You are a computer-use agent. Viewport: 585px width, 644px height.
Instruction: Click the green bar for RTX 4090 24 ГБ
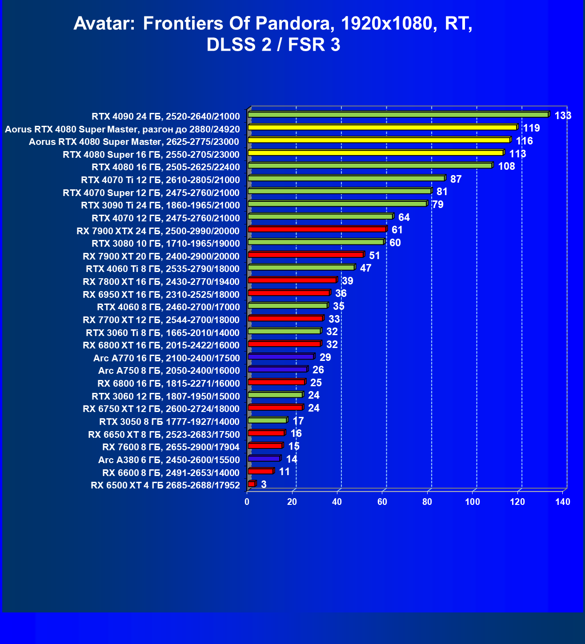[x=398, y=115]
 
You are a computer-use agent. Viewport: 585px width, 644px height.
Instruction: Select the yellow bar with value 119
[x=382, y=128]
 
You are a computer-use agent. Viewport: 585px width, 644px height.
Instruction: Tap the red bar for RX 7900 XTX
[x=317, y=229]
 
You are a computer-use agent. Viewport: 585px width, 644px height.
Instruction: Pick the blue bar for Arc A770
[x=281, y=356]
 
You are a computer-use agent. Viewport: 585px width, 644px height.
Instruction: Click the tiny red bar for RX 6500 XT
[x=252, y=484]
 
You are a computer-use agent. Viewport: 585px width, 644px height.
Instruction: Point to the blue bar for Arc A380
[x=264, y=458]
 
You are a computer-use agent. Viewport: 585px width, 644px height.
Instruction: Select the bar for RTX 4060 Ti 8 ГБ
[x=301, y=268]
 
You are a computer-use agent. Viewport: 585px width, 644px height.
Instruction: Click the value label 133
[x=563, y=116]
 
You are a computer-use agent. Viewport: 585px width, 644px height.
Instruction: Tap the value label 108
[x=506, y=167]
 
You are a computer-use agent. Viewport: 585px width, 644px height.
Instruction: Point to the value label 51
[x=375, y=256]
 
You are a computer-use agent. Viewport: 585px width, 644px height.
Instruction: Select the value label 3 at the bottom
[x=264, y=484]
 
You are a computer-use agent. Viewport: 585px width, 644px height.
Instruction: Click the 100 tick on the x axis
[x=472, y=502]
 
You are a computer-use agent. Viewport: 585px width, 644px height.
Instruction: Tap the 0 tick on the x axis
[x=247, y=502]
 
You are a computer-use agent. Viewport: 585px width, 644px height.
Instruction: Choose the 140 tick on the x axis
[x=563, y=502]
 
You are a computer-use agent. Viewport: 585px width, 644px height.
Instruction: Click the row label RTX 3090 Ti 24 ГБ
[x=160, y=205]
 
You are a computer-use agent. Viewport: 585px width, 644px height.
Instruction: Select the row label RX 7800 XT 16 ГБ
[x=161, y=282]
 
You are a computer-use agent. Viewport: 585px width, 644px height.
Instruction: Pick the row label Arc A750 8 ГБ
[x=169, y=371]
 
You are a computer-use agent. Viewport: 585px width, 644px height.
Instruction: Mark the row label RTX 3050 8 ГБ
[x=169, y=422]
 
